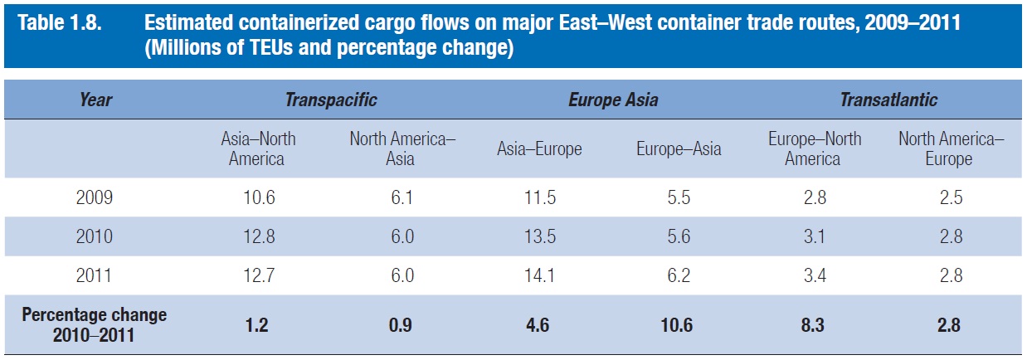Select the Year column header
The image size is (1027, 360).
click(x=95, y=100)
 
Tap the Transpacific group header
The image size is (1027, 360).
click(x=331, y=100)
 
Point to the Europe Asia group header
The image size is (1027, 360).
click(x=613, y=100)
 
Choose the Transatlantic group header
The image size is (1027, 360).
click(x=888, y=100)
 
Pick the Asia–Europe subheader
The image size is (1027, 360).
click(x=539, y=149)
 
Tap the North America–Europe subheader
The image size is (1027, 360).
click(x=951, y=148)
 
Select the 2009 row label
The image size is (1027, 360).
click(x=94, y=198)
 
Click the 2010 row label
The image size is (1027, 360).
click(x=94, y=237)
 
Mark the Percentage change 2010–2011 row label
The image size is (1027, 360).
click(x=94, y=324)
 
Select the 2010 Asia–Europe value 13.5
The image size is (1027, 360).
click(x=539, y=237)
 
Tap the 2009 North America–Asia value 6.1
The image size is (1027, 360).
click(x=401, y=198)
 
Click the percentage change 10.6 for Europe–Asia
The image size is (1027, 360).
click(x=679, y=325)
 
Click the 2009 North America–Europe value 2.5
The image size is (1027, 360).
click(x=951, y=198)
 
